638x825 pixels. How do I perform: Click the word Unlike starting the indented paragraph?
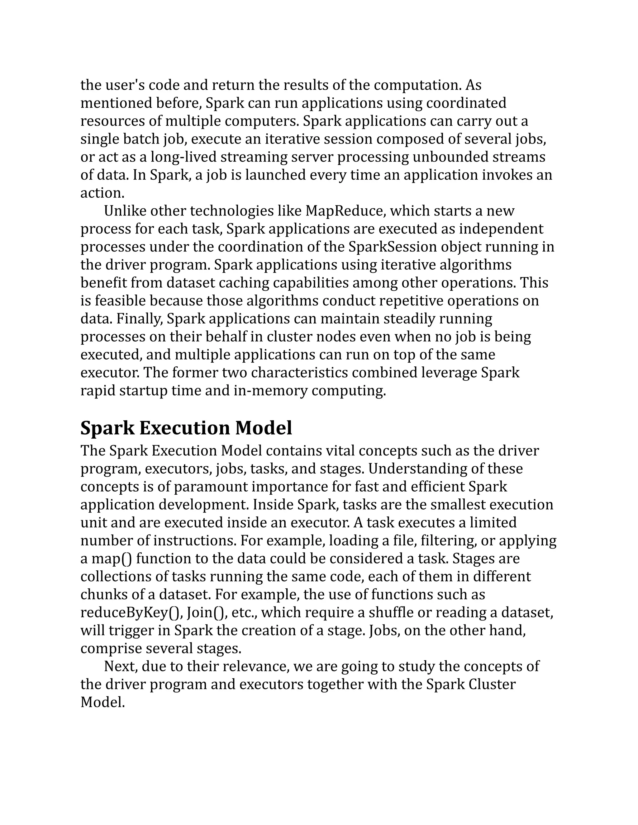(x=125, y=211)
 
